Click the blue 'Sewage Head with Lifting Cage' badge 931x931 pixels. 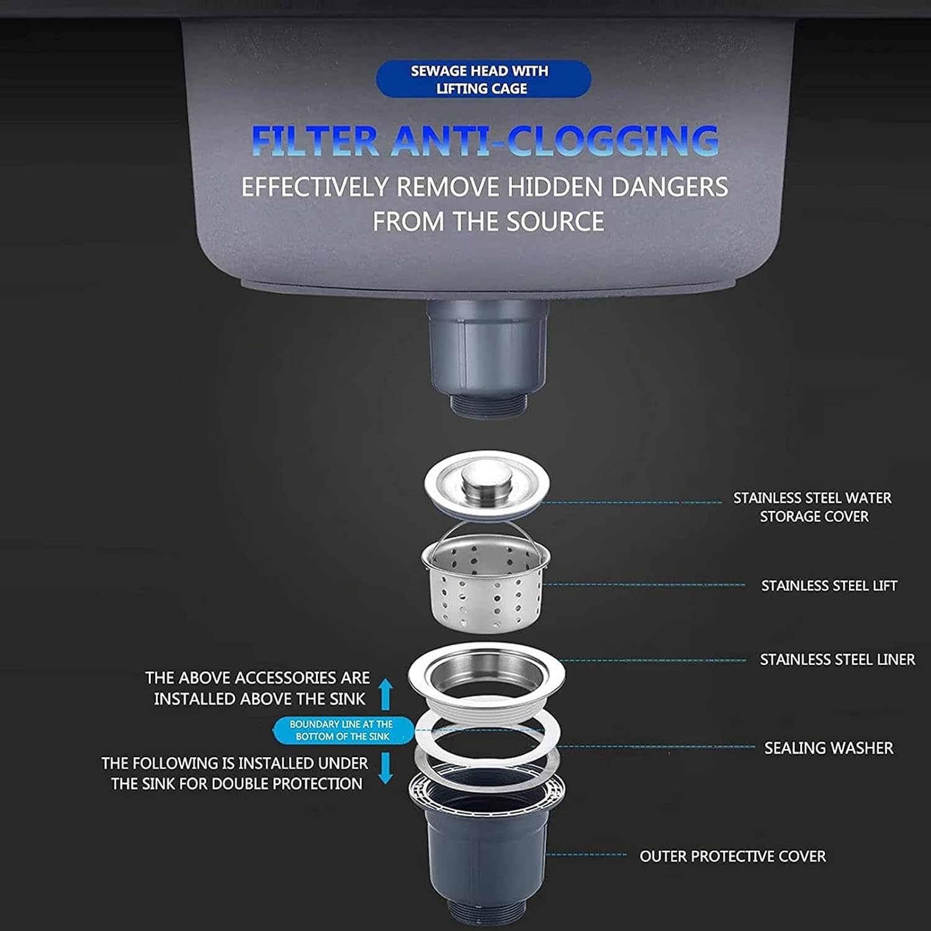[x=483, y=79]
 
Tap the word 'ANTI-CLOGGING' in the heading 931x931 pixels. [x=555, y=141]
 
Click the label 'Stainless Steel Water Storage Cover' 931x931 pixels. [x=812, y=507]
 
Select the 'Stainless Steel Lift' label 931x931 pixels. [x=829, y=586]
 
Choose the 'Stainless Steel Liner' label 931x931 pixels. [x=837, y=660]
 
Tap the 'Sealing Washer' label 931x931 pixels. [x=829, y=748]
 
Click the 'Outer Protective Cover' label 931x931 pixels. [x=732, y=857]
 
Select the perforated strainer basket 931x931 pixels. [x=485, y=583]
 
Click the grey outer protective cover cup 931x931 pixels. [x=487, y=850]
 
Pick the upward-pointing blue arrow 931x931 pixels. [x=385, y=694]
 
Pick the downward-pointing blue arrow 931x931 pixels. [x=385, y=768]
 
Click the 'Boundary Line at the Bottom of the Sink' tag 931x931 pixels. [x=343, y=731]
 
